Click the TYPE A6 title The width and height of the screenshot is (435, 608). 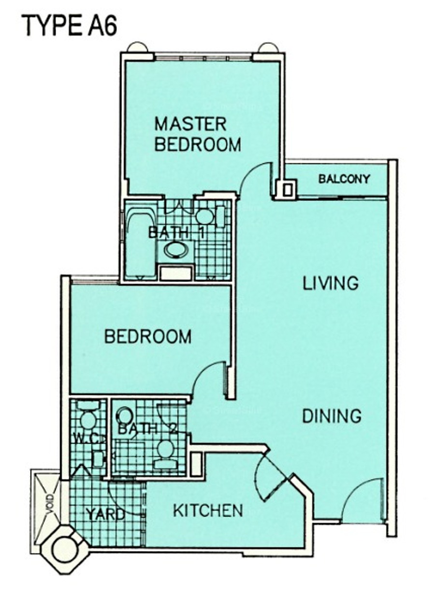(x=71, y=26)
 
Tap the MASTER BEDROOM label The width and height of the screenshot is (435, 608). (x=198, y=134)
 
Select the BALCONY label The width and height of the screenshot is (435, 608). (x=344, y=179)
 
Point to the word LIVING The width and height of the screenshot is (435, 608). (x=331, y=283)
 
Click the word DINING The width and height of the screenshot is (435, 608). (x=332, y=416)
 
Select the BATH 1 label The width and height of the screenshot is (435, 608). (x=176, y=232)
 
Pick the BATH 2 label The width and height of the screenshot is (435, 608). (x=148, y=429)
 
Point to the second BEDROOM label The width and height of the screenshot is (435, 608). (x=148, y=337)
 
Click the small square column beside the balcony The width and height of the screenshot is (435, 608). (x=287, y=189)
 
